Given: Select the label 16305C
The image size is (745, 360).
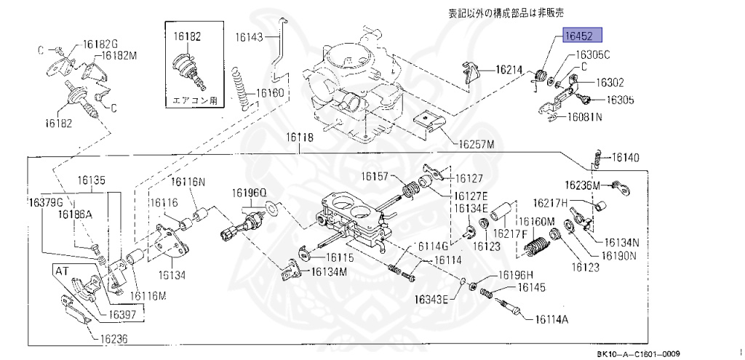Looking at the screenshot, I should coord(592,55).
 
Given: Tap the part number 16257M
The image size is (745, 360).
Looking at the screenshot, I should coord(476,144).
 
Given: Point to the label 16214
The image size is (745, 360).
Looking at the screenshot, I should coord(509,70).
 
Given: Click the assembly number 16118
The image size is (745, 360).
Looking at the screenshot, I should coord(299,137).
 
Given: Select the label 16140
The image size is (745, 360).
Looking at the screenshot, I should coord(625,157).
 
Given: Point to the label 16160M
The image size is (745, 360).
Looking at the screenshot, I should coord(535,221).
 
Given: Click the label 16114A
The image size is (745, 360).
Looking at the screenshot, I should coord(551,319).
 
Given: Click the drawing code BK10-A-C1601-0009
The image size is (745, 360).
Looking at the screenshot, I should coord(638,353).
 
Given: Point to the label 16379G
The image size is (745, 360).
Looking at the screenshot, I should coord(46,201).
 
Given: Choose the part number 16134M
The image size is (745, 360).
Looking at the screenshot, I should coord(330,271).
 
